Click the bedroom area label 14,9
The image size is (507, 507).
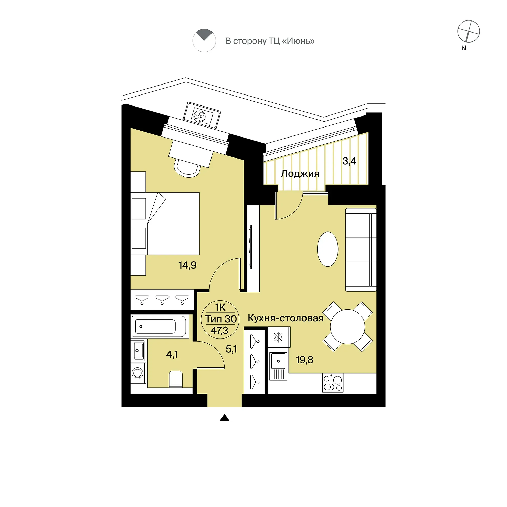pyautogui.click(x=187, y=265)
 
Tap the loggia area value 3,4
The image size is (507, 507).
pyautogui.click(x=349, y=161)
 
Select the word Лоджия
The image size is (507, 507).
pyautogui.click(x=300, y=174)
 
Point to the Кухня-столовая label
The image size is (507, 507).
pyautogui.click(x=286, y=318)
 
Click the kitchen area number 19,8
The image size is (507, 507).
pyautogui.click(x=304, y=360)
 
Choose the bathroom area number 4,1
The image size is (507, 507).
pyautogui.click(x=172, y=355)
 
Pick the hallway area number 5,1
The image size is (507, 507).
pyautogui.click(x=231, y=349)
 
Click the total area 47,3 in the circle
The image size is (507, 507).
pyautogui.click(x=219, y=331)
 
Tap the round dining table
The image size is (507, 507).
pyautogui.click(x=347, y=327)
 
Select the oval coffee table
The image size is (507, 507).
pyautogui.click(x=328, y=249)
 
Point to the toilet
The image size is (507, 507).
pyautogui.click(x=176, y=379)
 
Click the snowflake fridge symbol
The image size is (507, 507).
pyautogui.click(x=278, y=337)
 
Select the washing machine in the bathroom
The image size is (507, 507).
pyautogui.click(x=138, y=373)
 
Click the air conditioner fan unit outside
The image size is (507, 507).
pyautogui.click(x=202, y=116)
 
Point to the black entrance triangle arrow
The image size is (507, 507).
pyautogui.click(x=224, y=418)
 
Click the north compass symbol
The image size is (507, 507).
pyautogui.click(x=468, y=31)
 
